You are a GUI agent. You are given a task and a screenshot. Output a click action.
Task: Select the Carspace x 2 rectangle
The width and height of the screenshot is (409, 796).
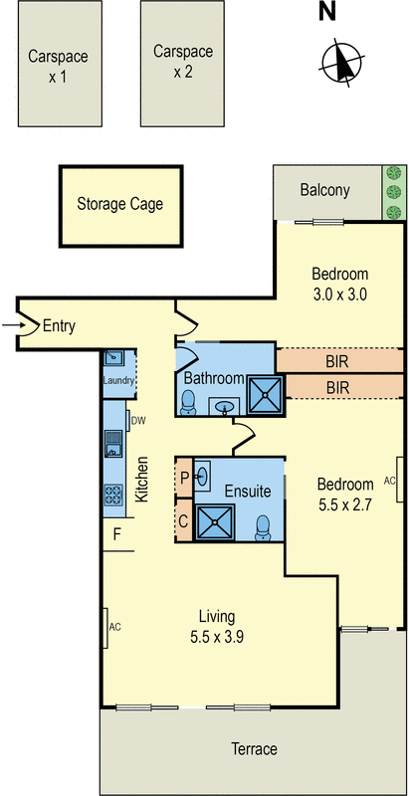[183, 64]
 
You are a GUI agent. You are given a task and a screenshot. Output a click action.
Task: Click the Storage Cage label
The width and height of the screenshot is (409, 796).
[120, 204]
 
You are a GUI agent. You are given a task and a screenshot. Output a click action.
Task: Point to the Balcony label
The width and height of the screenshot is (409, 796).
[324, 190]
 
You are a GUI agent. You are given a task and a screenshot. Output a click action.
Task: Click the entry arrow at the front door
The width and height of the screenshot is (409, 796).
[11, 325]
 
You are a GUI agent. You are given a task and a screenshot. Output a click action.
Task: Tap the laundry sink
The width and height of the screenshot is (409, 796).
[113, 357]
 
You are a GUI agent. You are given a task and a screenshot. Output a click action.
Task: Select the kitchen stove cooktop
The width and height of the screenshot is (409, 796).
[113, 495]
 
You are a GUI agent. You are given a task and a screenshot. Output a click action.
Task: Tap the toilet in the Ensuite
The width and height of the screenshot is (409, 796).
[263, 528]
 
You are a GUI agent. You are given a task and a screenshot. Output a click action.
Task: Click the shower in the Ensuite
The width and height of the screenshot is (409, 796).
[216, 521]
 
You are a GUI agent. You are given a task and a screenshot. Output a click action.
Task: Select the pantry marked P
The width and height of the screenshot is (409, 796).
[184, 478]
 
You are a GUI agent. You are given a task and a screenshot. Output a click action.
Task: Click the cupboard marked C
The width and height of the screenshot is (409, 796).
[184, 520]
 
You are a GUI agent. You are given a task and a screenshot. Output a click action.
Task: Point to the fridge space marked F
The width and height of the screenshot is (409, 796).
[117, 534]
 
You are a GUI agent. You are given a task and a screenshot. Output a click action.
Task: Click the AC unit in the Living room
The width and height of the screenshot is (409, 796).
[105, 628]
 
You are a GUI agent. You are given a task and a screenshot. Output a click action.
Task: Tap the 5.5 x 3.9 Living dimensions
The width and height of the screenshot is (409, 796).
[217, 637]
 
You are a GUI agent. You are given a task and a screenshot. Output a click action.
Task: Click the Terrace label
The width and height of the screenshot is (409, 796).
[254, 749]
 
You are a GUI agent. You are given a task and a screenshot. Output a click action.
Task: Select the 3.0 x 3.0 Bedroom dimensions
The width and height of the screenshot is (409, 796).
[339, 295]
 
